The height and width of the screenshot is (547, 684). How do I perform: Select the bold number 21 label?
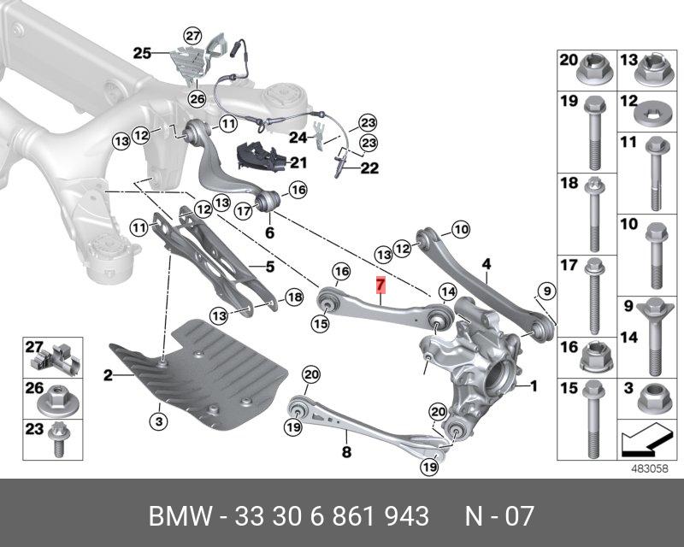[297, 162]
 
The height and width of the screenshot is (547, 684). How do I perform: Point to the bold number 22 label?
[369, 168]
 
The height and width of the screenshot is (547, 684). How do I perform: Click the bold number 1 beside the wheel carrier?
[534, 386]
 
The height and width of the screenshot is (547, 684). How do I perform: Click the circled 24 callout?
[298, 137]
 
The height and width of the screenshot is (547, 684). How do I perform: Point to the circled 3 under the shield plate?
[156, 420]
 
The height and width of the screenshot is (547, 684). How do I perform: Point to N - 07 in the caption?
[498, 517]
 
